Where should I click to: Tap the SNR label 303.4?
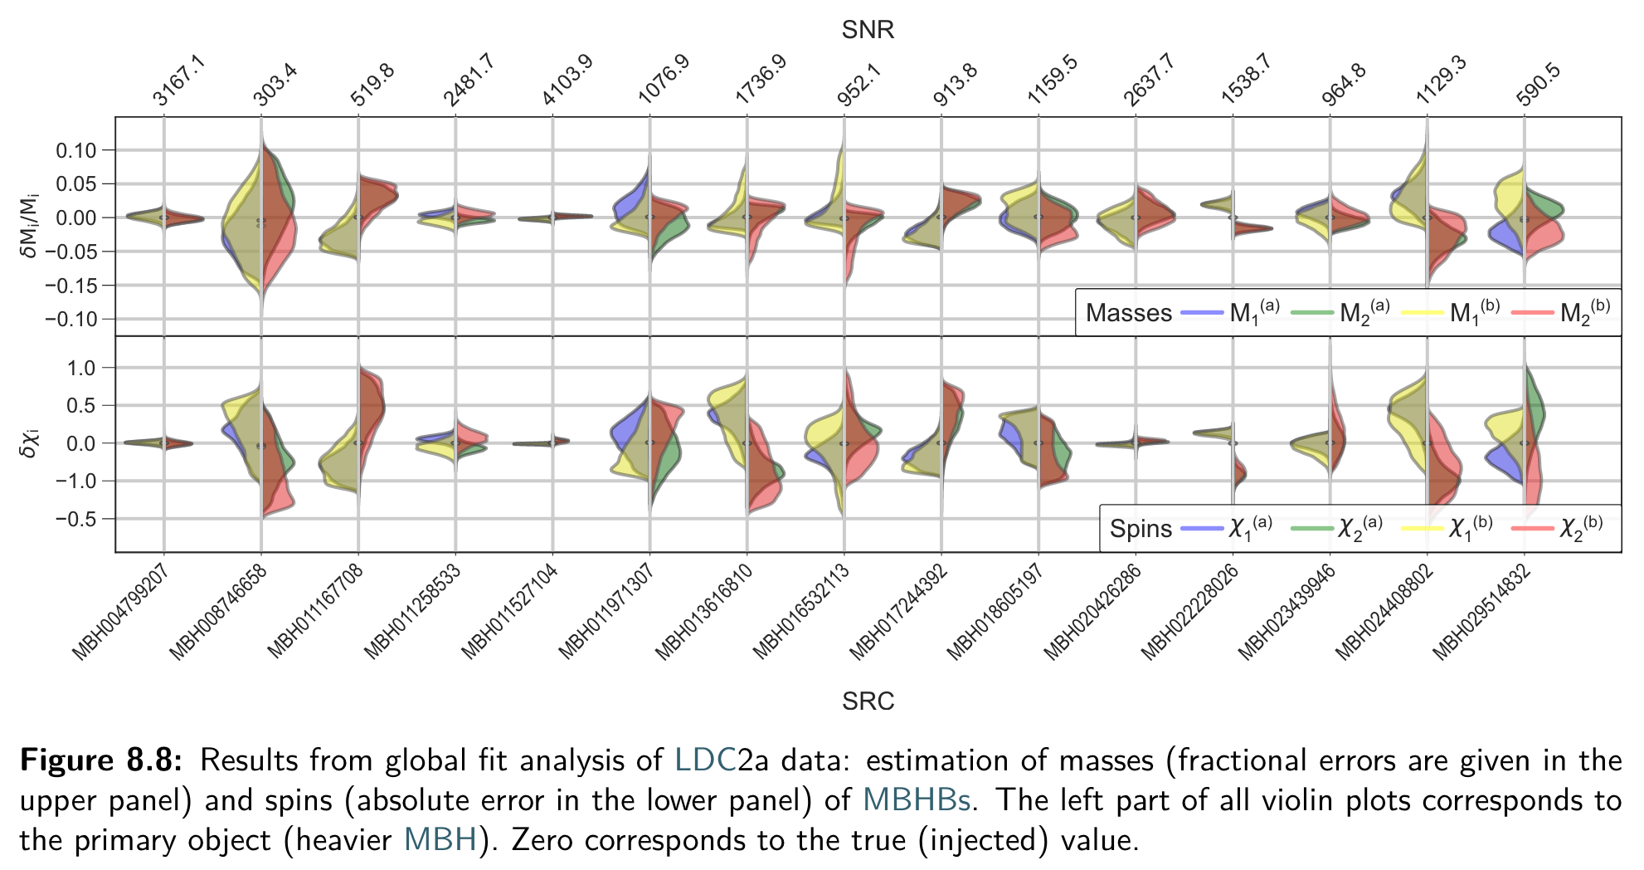275,84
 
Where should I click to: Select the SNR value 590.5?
1538,84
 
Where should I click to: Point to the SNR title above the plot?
868,30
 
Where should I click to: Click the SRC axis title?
868,701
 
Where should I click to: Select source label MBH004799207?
122,612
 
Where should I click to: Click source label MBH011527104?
510,612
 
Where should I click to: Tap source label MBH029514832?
1481,612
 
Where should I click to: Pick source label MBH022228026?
1189,612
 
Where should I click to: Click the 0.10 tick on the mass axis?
76,150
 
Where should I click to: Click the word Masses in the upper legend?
1128,313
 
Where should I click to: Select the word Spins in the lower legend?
1141,529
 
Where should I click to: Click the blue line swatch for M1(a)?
1202,312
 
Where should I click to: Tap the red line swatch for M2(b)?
1532,312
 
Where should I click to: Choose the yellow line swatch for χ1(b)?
1422,528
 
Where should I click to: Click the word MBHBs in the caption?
917,800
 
